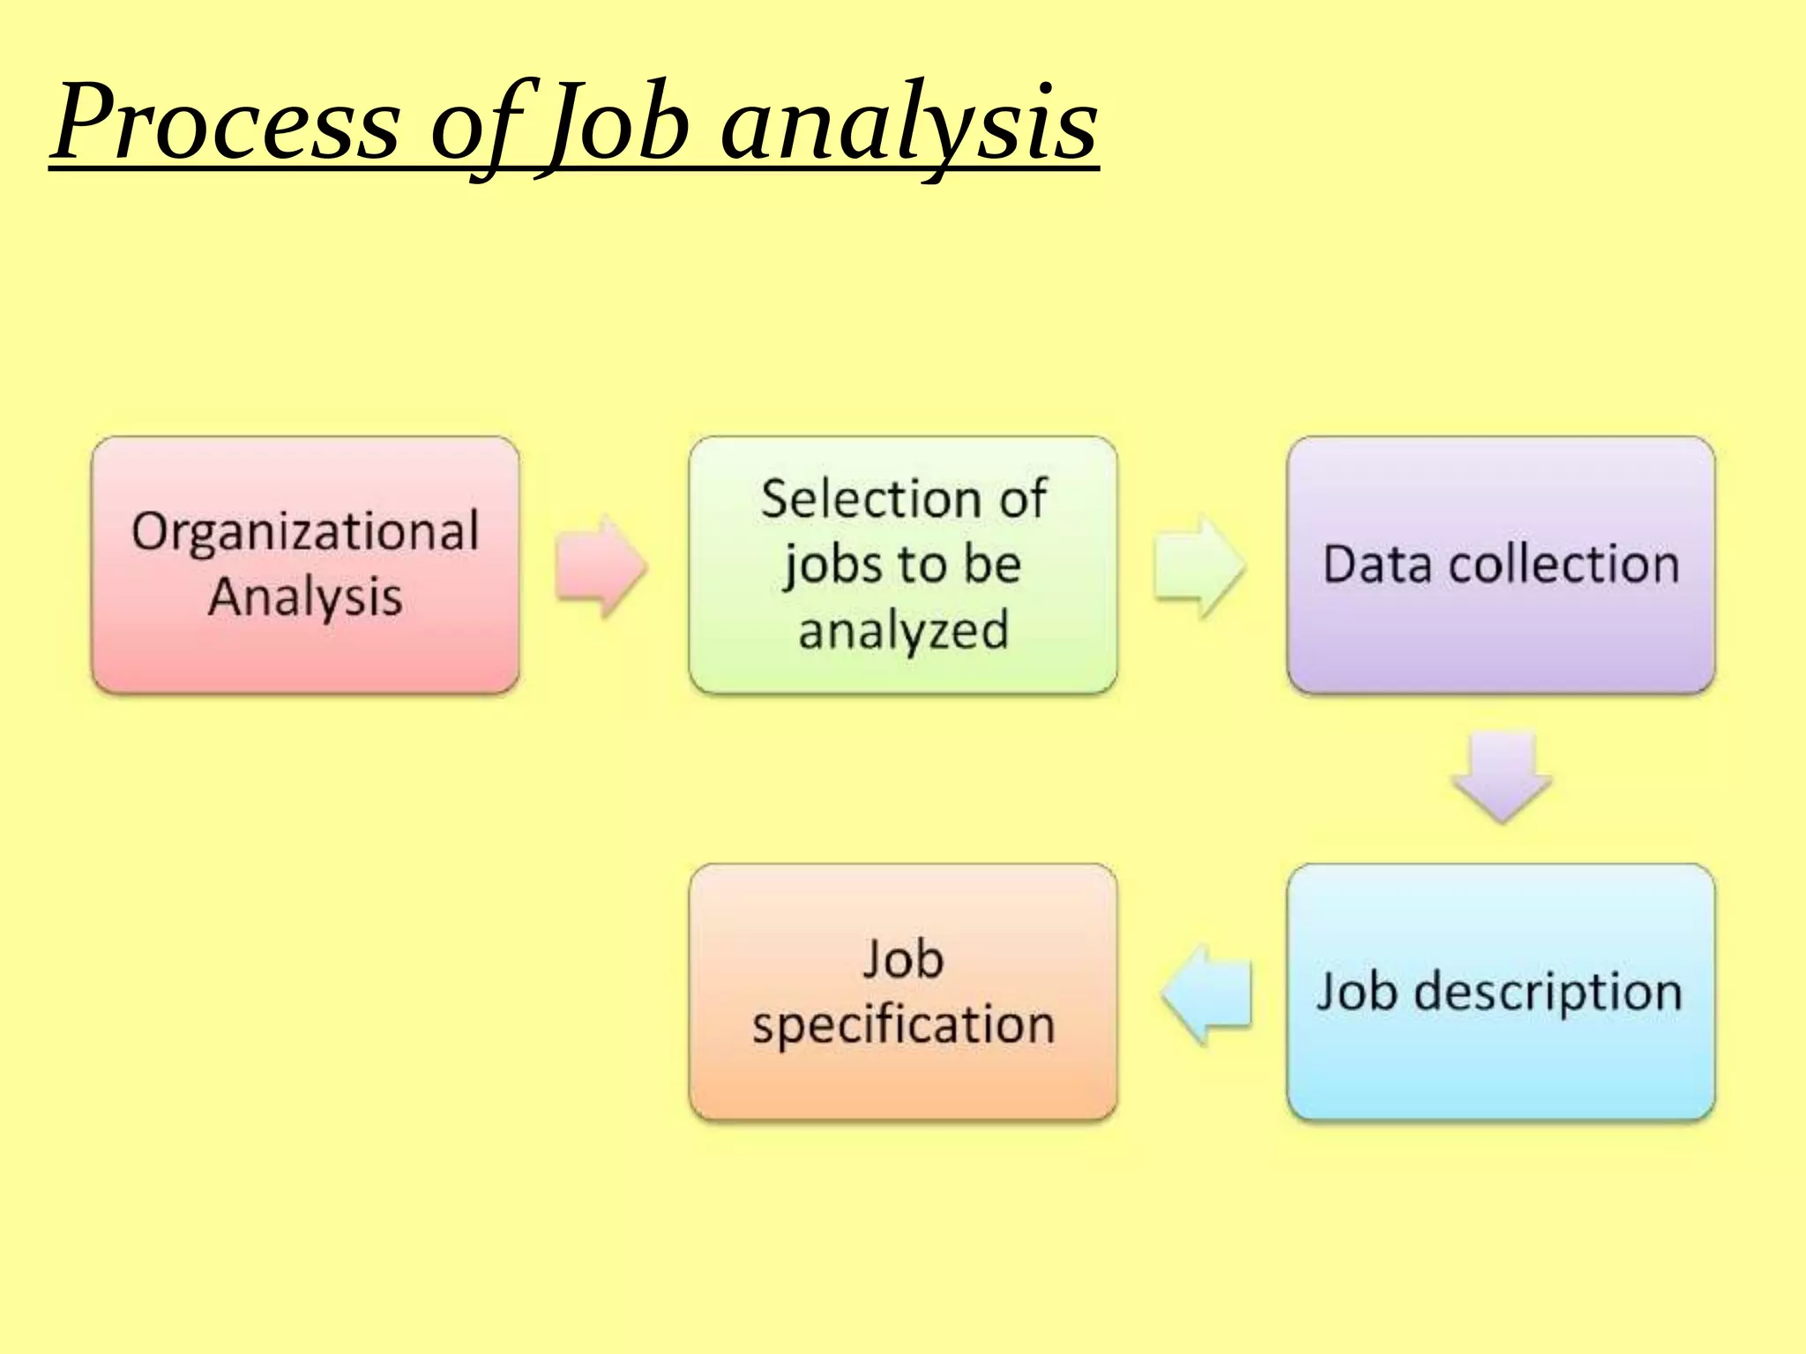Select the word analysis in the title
(908, 123)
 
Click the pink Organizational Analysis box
(305, 565)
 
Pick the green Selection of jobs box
(902, 565)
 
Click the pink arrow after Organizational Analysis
(601, 566)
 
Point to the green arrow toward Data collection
(1198, 566)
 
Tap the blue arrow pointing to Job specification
(1206, 994)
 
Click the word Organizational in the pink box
(305, 532)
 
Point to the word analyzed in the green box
(903, 631)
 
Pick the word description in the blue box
(1549, 993)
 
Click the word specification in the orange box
(903, 1025)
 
